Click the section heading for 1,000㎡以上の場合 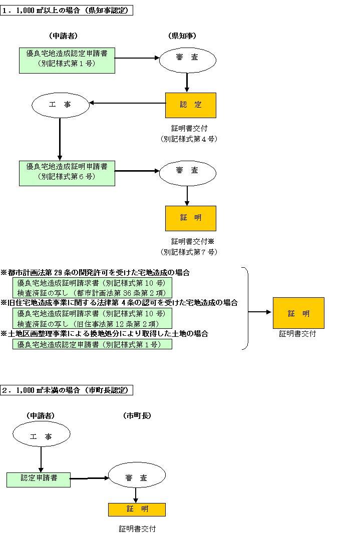tap(67, 11)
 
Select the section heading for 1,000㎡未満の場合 tap(67, 390)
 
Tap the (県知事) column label tap(182, 36)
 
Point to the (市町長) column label tap(137, 415)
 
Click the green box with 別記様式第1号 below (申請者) tap(67, 58)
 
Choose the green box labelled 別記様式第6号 tap(67, 171)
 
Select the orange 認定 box tap(190, 105)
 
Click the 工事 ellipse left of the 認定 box tap(60, 105)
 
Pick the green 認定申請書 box tap(39, 479)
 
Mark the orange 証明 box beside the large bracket tap(298, 313)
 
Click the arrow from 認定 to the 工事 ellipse tap(128, 104)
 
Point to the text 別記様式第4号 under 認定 tap(189, 139)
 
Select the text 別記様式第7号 tap(189, 252)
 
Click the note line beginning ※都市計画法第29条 tap(95, 273)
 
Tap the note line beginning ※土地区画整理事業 tap(104, 333)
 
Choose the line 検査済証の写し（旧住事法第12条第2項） tap(92, 323)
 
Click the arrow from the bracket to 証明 tap(260, 312)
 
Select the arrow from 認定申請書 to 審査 tap(89, 478)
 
